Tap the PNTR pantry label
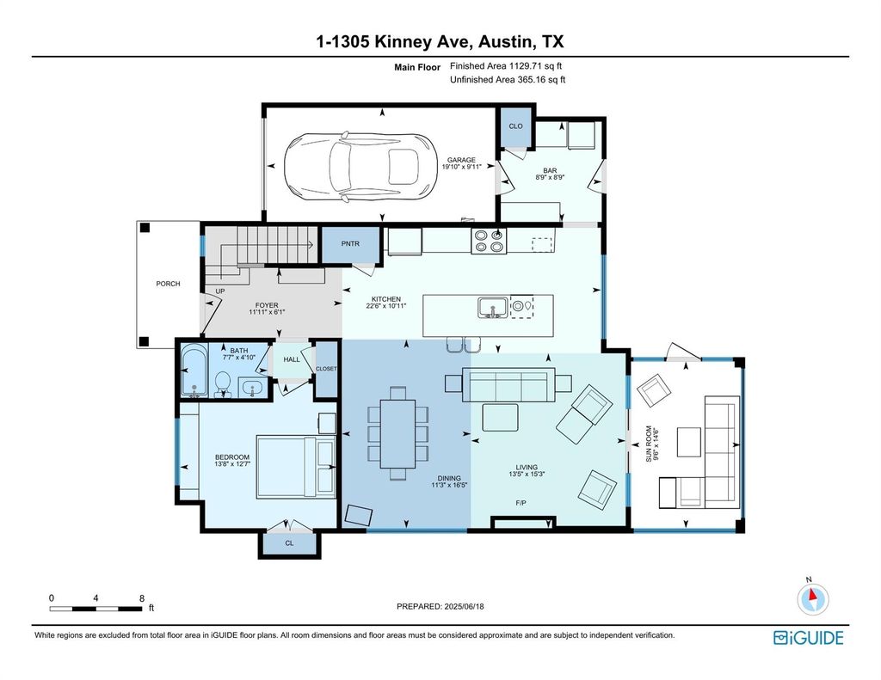[350, 243]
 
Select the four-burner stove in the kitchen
[489, 241]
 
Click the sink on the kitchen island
[493, 308]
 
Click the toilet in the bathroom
[223, 383]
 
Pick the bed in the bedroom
[296, 467]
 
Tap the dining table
[397, 433]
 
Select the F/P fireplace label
[521, 503]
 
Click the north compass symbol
[812, 598]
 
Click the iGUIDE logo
[809, 638]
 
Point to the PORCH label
[168, 284]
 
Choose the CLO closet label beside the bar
[516, 126]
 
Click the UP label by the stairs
[220, 291]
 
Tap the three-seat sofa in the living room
[508, 384]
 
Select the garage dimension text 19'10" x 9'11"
[461, 167]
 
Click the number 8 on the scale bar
[142, 598]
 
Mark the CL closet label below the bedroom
[289, 543]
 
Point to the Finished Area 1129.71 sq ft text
[506, 65]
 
